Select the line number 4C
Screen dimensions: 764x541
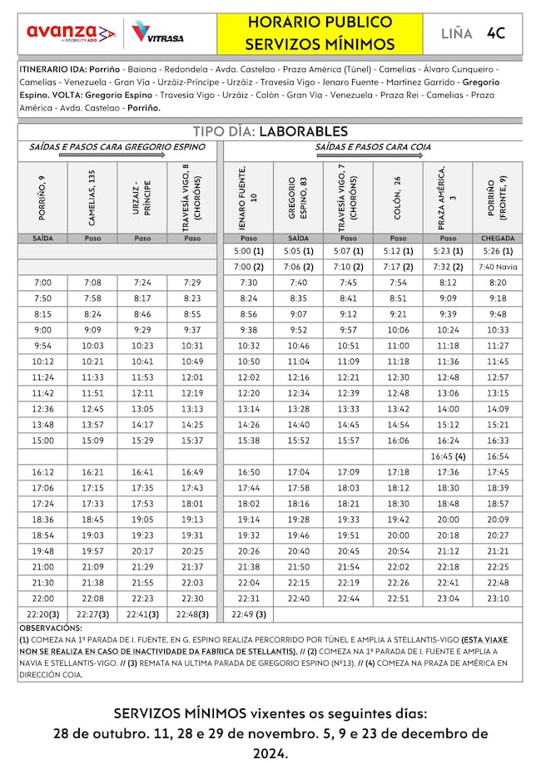click(x=496, y=33)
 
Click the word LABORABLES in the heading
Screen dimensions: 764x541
click(x=303, y=131)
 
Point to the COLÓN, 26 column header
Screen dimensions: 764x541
click(x=398, y=197)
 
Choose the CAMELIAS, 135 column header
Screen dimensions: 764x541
click(x=92, y=197)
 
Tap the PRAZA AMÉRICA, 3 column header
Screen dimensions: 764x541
click(x=448, y=197)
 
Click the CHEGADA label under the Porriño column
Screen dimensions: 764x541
click(x=498, y=238)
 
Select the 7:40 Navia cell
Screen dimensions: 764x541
click(x=498, y=267)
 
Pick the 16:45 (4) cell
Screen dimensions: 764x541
click(x=448, y=456)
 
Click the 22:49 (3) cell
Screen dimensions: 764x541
click(x=248, y=614)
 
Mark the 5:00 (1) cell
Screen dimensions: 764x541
click(x=248, y=251)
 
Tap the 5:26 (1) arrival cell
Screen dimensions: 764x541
click(x=498, y=251)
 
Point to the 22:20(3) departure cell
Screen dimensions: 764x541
click(x=42, y=614)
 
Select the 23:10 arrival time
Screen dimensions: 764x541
click(x=498, y=598)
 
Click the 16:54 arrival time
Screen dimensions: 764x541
click(x=498, y=456)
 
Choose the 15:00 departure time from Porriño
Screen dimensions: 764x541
click(x=42, y=440)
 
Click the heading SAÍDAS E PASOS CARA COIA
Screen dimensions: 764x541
click(x=373, y=147)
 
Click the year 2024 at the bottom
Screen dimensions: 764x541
click(x=270, y=754)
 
